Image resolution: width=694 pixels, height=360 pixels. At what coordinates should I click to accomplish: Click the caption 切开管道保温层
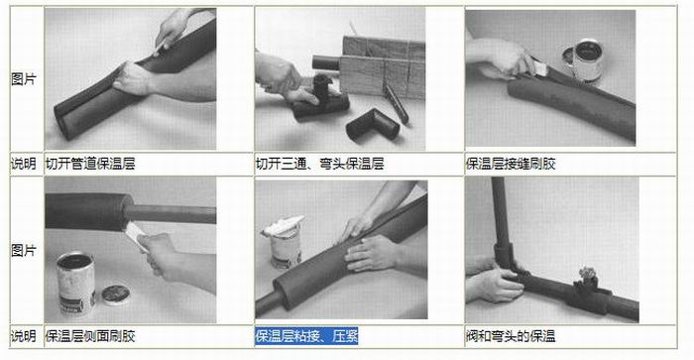click(x=90, y=164)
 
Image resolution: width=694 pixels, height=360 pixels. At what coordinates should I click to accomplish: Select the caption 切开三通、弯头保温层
click(x=319, y=164)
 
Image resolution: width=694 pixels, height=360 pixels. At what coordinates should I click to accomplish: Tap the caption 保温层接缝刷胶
click(x=511, y=164)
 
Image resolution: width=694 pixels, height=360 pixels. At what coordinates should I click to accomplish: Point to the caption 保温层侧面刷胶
click(x=90, y=336)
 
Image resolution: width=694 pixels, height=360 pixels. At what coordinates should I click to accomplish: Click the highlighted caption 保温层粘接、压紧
click(x=306, y=336)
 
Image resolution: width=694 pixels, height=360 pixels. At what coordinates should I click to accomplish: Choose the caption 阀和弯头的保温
click(x=511, y=336)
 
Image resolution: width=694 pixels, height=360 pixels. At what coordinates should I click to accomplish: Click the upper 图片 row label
click(x=24, y=79)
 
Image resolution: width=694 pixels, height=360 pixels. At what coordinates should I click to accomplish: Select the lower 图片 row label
click(x=24, y=251)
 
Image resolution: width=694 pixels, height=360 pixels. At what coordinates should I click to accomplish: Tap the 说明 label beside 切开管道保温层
click(x=24, y=164)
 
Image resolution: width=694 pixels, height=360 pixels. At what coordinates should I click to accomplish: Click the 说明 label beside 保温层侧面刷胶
click(x=24, y=336)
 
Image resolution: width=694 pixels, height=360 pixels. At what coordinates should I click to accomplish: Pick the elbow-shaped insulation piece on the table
click(x=373, y=125)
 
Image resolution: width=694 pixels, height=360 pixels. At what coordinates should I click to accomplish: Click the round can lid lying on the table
click(x=116, y=294)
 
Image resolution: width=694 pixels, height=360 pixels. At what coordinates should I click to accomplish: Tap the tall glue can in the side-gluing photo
click(x=75, y=283)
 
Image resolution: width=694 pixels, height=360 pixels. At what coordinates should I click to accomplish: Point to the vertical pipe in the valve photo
click(x=500, y=211)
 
